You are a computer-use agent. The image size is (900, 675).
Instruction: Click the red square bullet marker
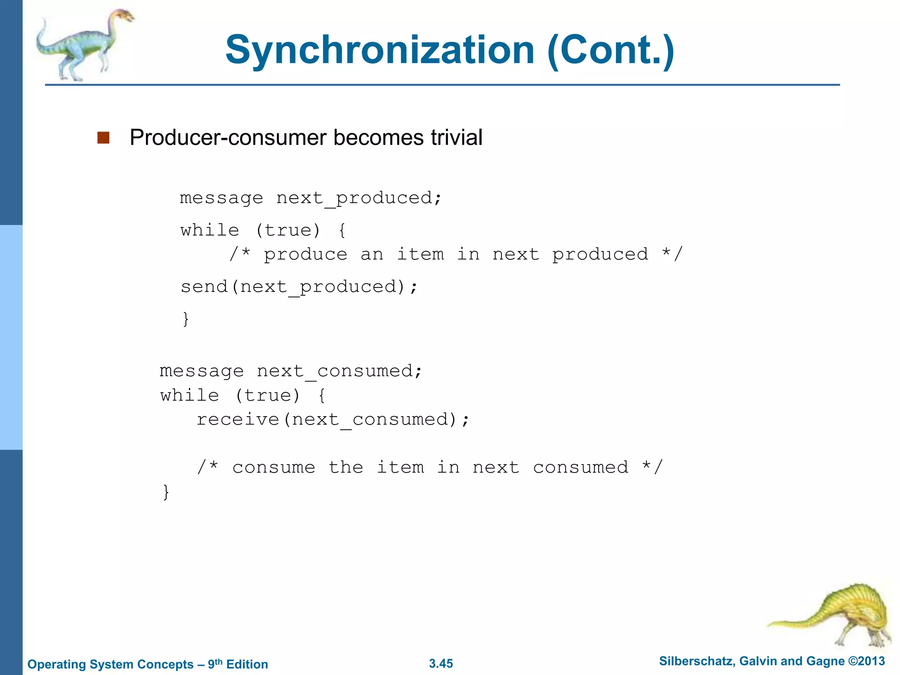(x=103, y=138)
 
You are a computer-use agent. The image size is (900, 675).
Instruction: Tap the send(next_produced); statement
(x=299, y=287)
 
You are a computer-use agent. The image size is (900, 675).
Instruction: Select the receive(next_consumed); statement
(x=333, y=420)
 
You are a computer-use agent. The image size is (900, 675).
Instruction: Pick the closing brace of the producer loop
(x=186, y=319)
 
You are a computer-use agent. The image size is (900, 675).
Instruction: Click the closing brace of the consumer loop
(x=166, y=492)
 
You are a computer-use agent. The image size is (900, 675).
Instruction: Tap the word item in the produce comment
(x=421, y=254)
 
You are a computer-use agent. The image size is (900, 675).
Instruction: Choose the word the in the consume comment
(x=346, y=467)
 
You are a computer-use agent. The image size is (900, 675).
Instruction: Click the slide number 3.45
(x=441, y=664)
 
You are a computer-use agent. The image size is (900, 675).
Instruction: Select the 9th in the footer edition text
(x=215, y=664)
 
